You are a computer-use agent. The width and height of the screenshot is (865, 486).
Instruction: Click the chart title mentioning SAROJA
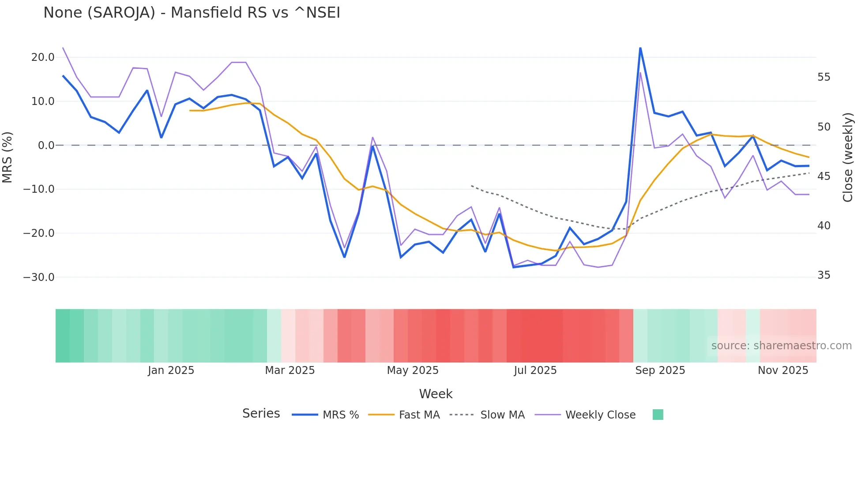192,13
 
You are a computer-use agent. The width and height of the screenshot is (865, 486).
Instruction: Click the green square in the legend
658,415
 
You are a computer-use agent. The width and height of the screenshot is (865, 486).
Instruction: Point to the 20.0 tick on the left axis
43,57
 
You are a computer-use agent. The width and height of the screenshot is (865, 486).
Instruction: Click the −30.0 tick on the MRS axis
39,277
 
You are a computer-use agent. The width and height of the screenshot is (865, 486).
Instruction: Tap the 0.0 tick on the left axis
46,146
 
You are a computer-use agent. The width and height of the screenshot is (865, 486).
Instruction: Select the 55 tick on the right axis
824,77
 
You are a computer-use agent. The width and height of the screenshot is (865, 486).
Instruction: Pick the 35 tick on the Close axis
824,275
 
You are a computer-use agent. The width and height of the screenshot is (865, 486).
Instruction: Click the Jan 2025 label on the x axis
171,370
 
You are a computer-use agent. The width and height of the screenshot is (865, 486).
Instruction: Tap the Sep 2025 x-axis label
660,370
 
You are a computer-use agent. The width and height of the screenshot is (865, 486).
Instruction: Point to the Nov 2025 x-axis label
783,370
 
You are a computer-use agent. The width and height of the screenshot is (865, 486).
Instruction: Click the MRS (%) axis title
8,157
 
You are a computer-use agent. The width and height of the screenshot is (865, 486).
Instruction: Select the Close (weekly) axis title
847,157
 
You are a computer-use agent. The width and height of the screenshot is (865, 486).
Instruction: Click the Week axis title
436,394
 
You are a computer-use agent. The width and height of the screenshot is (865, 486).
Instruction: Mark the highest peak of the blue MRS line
640,48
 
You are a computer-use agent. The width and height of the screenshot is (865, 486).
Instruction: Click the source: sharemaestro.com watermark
781,346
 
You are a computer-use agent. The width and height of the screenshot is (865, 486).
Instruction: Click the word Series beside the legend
261,414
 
